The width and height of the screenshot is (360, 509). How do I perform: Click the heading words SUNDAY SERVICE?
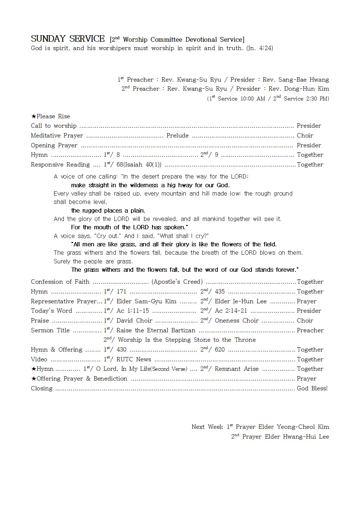point(67,39)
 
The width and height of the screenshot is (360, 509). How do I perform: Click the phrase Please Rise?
point(53,116)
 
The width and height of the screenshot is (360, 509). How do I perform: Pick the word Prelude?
point(177,136)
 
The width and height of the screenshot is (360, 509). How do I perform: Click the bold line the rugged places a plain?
point(108,211)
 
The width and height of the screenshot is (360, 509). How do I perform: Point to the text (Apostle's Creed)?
point(177,282)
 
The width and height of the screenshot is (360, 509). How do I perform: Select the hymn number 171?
point(121,292)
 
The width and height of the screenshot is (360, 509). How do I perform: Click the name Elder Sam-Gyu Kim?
point(146,301)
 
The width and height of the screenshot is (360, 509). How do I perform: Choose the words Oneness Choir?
point(237,321)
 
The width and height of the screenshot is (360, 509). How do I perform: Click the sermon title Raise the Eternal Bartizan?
point(156,331)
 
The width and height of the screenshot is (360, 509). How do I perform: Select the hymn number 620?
point(220,350)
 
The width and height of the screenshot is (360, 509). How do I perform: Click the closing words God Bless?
point(312,389)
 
